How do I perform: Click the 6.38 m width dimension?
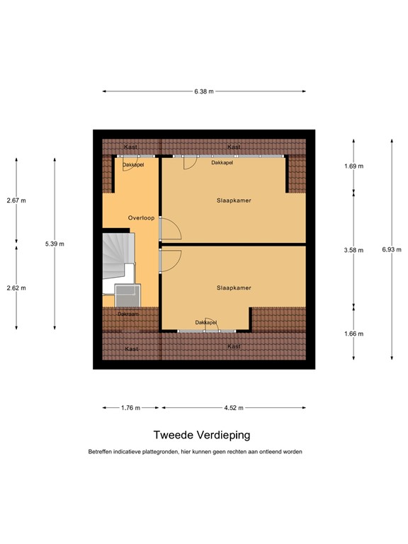205,91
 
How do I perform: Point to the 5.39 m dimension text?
55,244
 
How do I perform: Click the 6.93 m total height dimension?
392,249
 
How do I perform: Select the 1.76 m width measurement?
130,408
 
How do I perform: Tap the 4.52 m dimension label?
234,408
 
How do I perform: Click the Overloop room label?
141,217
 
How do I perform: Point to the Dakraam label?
128,313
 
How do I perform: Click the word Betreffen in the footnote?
101,452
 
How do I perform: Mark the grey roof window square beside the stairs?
129,295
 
